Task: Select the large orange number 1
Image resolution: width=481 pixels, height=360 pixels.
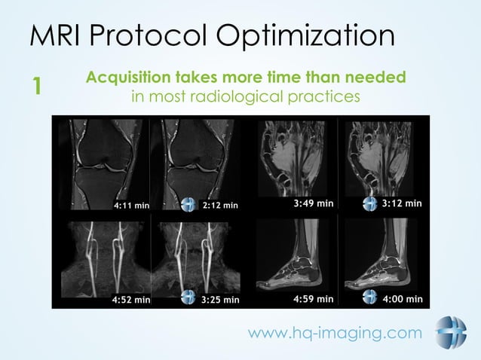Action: (x=35, y=87)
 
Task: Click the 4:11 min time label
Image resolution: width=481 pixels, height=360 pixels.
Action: (x=132, y=205)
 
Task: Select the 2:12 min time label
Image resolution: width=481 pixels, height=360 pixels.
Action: (x=220, y=205)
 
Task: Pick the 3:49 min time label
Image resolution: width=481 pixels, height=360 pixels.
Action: (x=313, y=203)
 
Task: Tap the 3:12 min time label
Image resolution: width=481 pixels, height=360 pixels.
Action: (x=401, y=203)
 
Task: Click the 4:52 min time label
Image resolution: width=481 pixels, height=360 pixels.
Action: (x=131, y=299)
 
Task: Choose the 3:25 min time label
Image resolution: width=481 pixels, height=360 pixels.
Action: (x=220, y=299)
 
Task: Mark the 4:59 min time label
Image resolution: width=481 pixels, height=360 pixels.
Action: (x=313, y=298)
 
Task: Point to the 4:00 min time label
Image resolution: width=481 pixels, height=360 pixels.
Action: (x=402, y=298)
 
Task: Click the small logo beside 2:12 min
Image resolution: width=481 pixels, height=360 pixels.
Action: (x=188, y=205)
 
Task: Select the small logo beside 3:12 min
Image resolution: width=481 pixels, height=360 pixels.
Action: (x=369, y=204)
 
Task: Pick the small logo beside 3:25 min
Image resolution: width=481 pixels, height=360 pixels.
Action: (x=188, y=298)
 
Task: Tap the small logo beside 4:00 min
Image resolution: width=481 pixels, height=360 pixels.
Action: (x=369, y=298)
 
